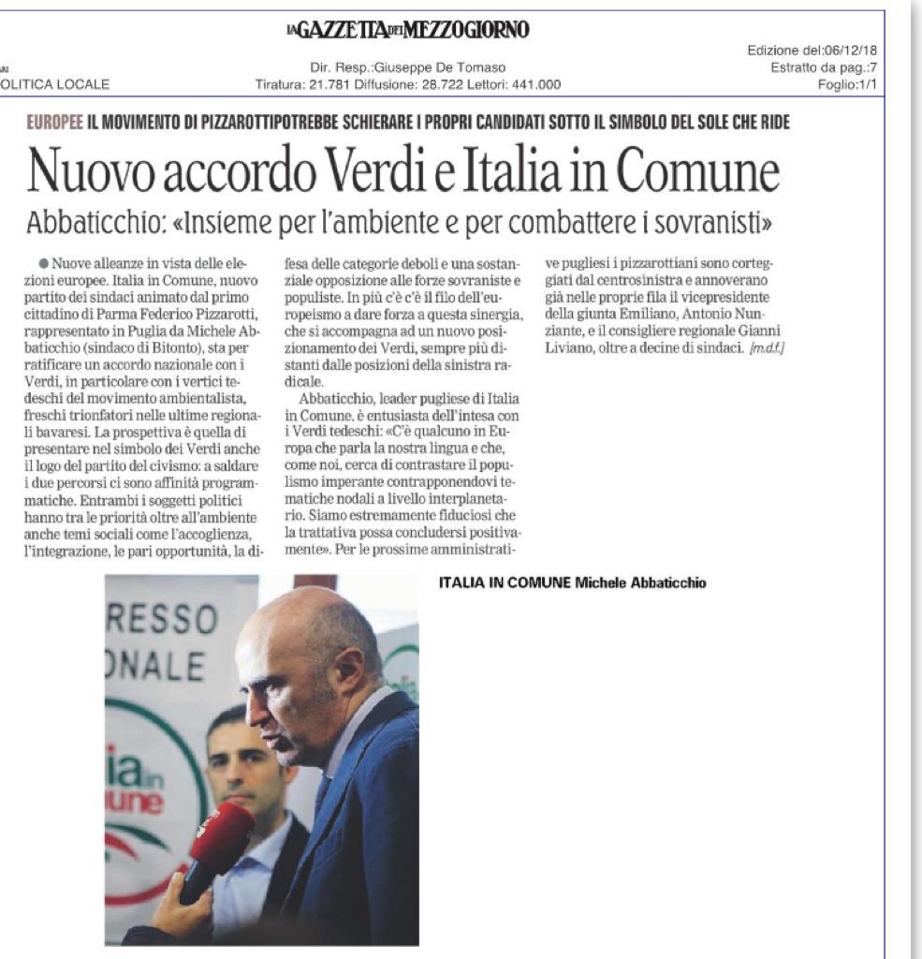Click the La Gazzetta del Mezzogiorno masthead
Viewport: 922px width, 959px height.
pos(408,31)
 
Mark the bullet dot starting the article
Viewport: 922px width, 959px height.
pos(44,265)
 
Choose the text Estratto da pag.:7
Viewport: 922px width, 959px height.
pos(823,66)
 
